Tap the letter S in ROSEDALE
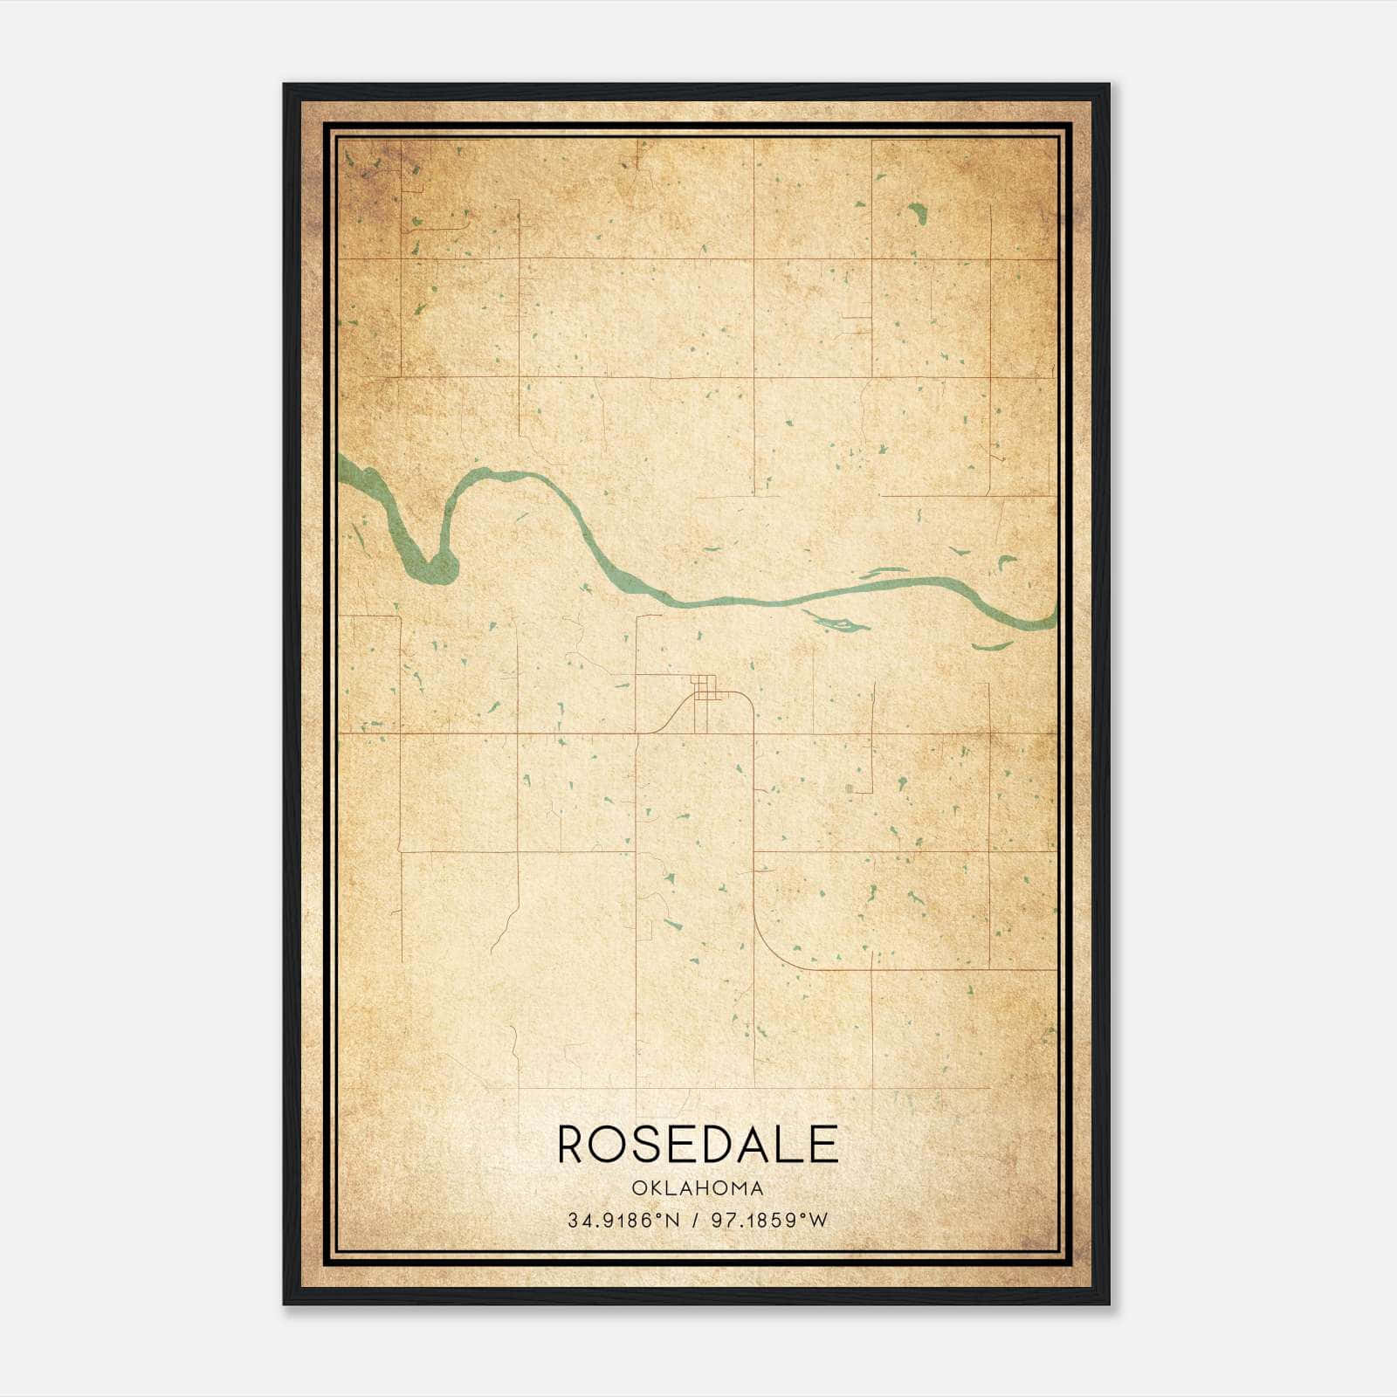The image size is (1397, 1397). coord(651,1145)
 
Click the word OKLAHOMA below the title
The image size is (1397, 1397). coord(698,1188)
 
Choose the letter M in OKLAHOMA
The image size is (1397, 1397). coord(739,1188)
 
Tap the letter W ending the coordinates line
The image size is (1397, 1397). coord(819,1221)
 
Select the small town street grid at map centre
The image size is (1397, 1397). coord(705,687)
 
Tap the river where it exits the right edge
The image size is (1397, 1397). coord(1048,621)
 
